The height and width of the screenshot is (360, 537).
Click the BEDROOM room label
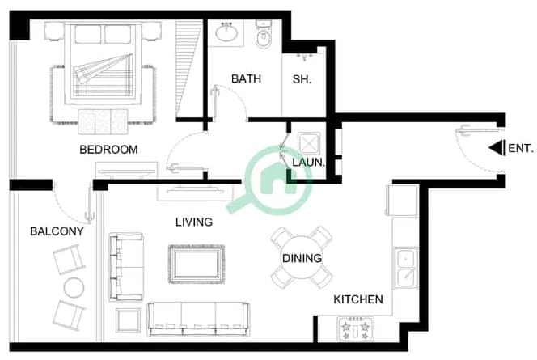click(x=108, y=150)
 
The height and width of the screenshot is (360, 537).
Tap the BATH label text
click(x=246, y=78)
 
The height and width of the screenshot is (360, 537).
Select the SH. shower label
click(x=302, y=79)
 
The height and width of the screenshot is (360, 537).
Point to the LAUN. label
click(x=308, y=162)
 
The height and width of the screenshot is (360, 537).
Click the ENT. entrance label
click(x=521, y=148)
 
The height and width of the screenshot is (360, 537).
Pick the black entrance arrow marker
click(x=497, y=148)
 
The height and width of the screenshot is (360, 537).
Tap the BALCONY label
click(x=57, y=231)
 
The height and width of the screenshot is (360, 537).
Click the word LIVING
click(x=194, y=222)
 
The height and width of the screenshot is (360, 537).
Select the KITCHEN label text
click(x=358, y=299)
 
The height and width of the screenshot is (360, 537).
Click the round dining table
click(x=302, y=257)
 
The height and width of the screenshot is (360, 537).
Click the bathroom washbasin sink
click(x=226, y=33)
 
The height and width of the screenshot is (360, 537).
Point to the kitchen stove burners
click(x=356, y=329)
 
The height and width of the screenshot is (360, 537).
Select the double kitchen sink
click(x=406, y=269)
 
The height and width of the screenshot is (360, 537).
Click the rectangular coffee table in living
click(x=197, y=264)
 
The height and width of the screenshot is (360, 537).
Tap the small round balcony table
click(x=74, y=287)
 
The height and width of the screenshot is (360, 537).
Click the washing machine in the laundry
click(x=309, y=143)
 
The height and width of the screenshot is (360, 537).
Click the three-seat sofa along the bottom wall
click(x=198, y=319)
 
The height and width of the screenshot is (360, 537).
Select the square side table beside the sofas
click(x=128, y=320)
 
